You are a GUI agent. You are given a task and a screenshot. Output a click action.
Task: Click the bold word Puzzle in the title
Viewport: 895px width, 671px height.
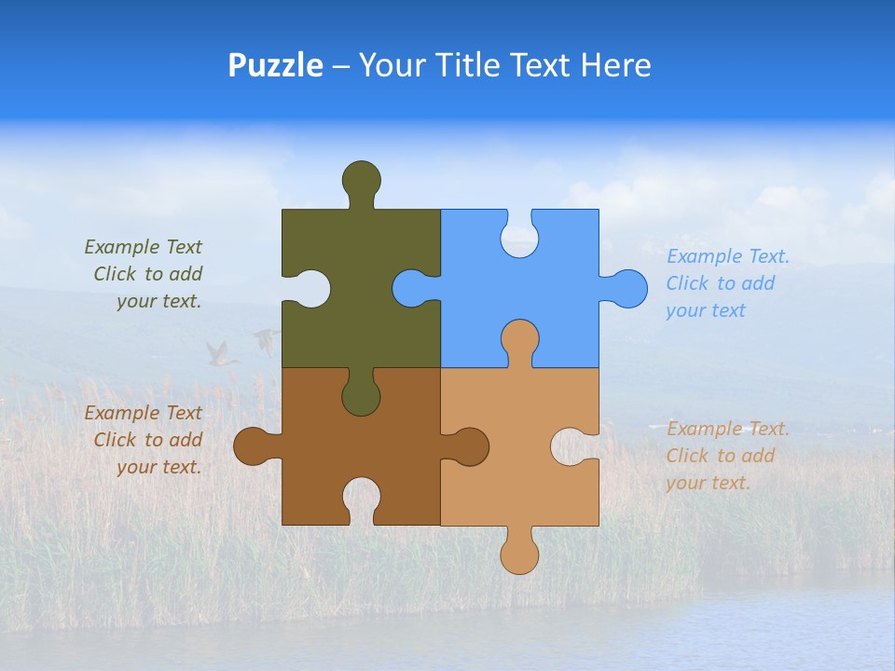[x=275, y=65]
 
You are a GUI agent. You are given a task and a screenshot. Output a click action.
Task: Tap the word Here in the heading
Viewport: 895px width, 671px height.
[x=614, y=65]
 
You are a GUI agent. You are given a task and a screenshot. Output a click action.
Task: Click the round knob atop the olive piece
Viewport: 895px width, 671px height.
[x=361, y=180]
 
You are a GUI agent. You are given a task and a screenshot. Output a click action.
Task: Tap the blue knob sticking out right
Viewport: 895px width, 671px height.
[x=627, y=289]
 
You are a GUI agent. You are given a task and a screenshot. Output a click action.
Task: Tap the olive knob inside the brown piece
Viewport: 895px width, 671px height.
[x=361, y=396]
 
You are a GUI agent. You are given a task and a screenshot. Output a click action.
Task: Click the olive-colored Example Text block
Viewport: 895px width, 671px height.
[x=145, y=274]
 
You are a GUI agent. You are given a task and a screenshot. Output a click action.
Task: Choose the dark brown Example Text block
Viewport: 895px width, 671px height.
[x=145, y=440]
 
